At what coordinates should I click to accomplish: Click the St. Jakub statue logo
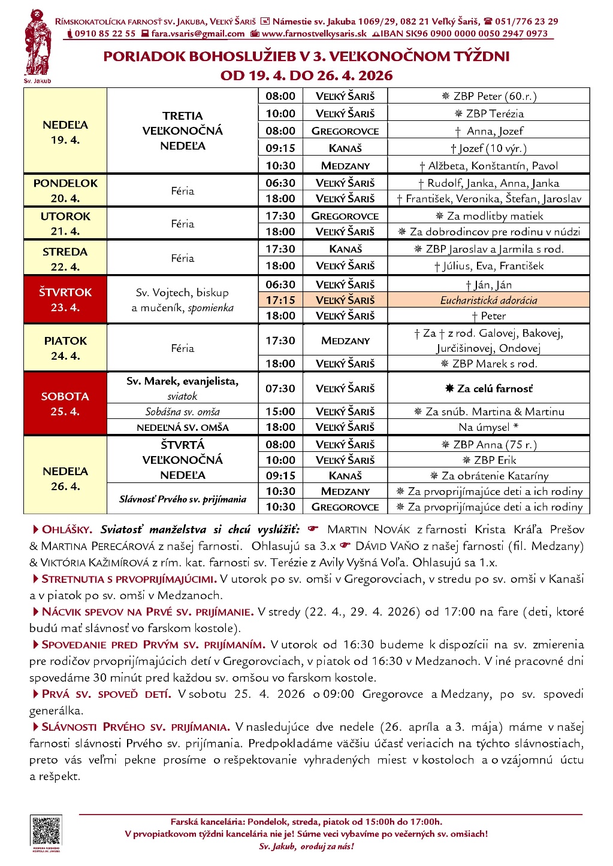click(37, 43)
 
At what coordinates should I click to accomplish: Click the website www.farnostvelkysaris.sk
click(314, 34)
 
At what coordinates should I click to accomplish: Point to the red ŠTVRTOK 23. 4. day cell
click(65, 300)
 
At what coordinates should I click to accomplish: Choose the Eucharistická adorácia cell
click(488, 300)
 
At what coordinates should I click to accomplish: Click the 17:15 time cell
click(280, 300)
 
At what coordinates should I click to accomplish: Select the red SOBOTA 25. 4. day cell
click(65, 404)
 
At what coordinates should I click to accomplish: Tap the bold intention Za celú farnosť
click(488, 388)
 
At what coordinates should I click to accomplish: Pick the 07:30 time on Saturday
click(280, 388)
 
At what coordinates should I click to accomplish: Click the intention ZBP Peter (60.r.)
click(488, 96)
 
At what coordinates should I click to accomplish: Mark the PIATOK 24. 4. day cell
click(65, 348)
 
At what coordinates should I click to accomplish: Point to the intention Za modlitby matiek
click(488, 216)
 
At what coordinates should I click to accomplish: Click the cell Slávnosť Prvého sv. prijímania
click(182, 499)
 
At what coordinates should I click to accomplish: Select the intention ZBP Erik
click(488, 460)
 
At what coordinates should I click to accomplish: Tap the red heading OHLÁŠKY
click(67, 530)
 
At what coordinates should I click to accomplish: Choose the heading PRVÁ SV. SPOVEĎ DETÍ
click(106, 694)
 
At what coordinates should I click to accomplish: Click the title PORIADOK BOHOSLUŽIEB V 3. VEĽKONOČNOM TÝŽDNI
click(306, 57)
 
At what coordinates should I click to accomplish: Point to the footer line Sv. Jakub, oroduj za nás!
click(306, 846)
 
